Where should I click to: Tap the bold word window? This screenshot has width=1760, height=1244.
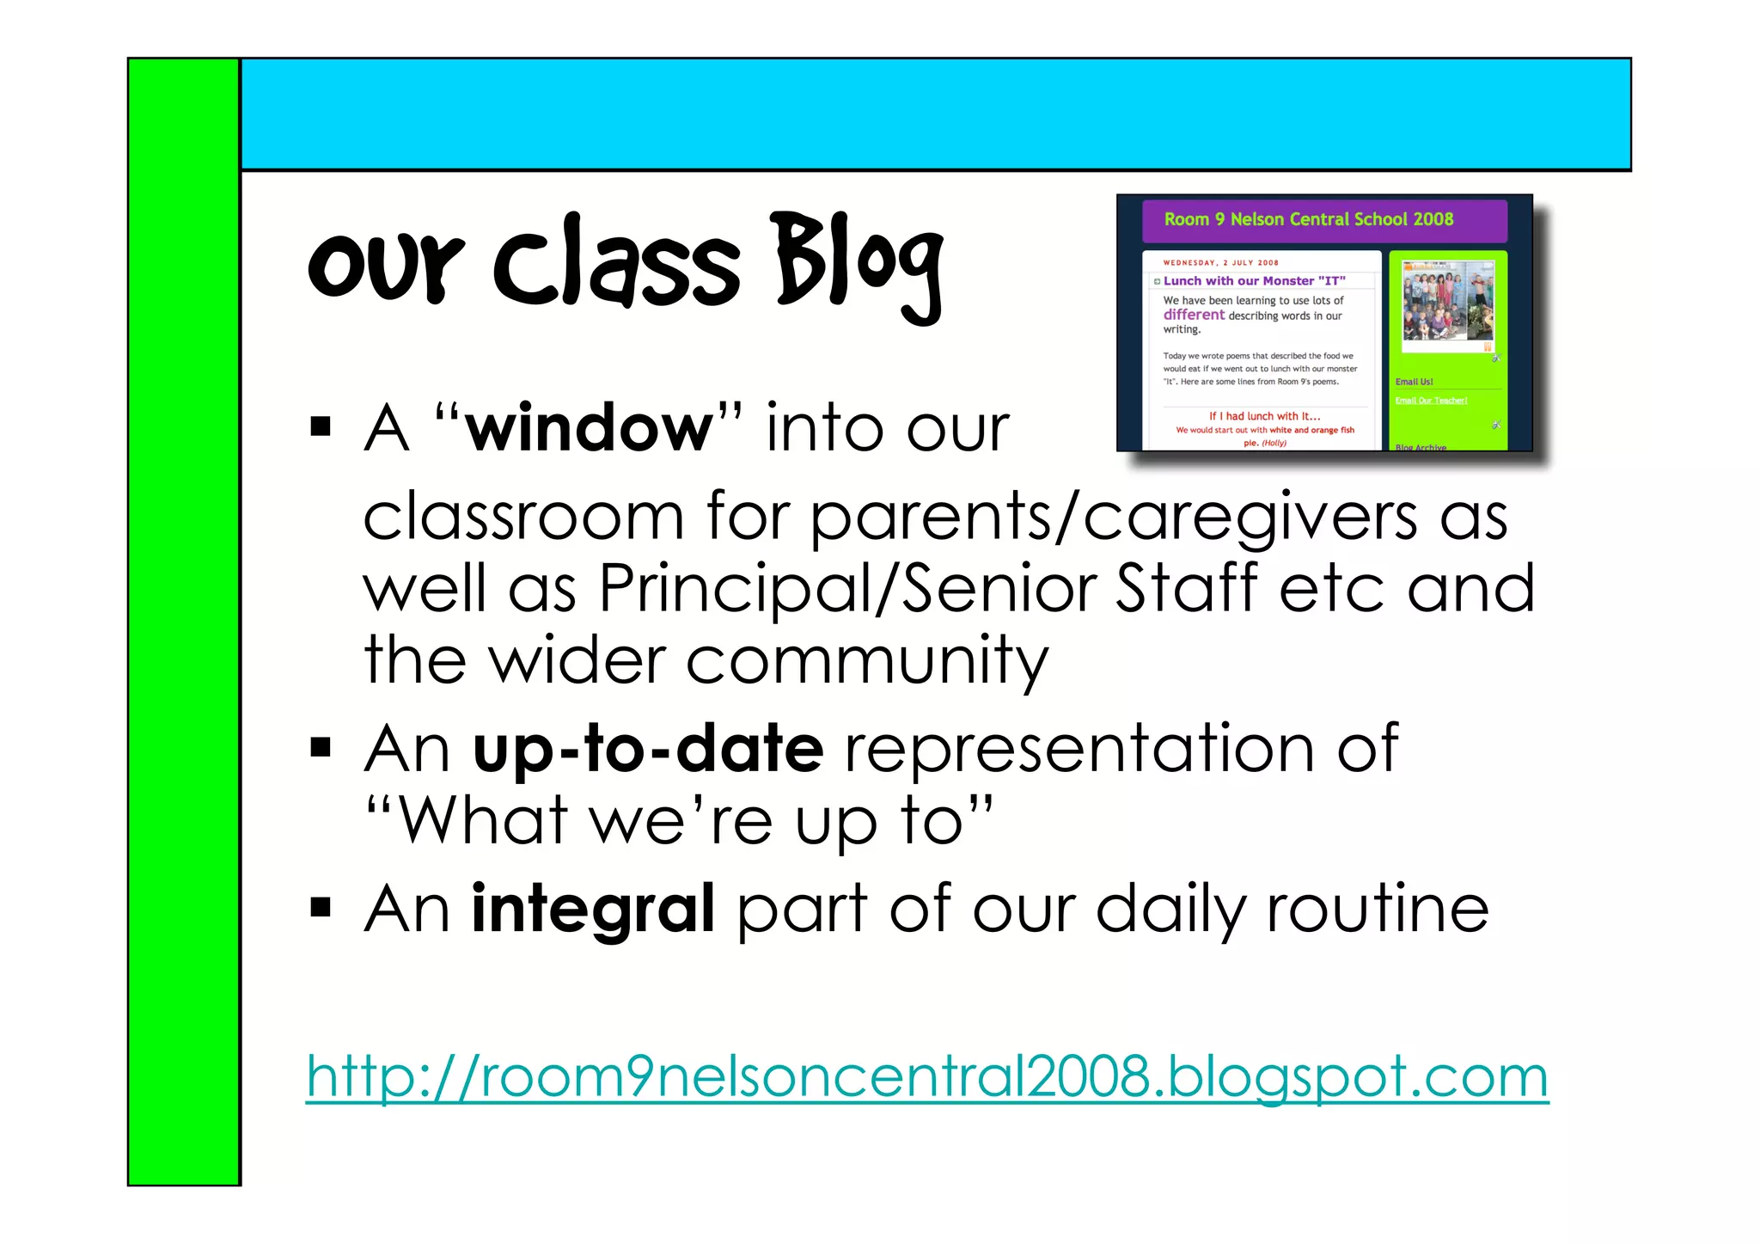(590, 427)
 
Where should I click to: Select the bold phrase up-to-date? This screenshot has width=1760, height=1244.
(648, 749)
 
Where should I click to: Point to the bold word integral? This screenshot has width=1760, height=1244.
(593, 908)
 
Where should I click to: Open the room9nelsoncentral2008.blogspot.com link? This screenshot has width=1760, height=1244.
(927, 1076)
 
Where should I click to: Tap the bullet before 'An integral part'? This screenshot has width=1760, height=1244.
(321, 908)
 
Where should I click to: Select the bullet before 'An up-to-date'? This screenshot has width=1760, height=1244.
(321, 748)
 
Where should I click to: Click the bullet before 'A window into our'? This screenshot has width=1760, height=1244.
(321, 426)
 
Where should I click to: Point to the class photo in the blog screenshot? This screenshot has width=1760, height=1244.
(1447, 305)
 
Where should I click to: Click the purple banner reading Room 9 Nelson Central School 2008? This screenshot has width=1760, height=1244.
(1323, 220)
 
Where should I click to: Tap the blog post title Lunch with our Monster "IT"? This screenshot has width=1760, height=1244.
(1254, 281)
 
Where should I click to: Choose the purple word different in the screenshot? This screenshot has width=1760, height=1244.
(1194, 315)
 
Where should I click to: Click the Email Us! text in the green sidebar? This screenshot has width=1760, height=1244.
(1414, 382)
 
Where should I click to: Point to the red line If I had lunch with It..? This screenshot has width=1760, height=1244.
(1264, 416)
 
